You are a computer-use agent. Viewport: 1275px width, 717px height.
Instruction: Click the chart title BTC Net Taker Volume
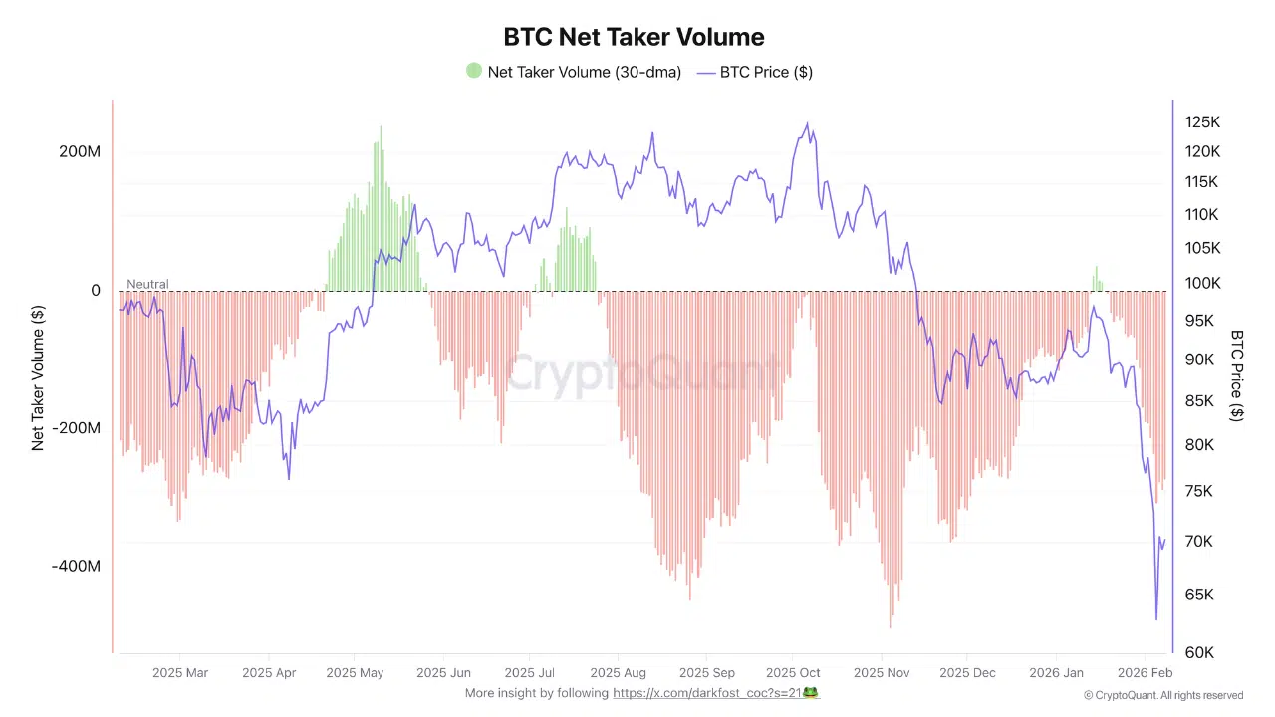tap(634, 37)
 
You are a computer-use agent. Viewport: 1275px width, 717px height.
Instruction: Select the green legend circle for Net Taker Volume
tap(474, 71)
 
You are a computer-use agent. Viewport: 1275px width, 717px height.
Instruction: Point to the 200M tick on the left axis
tap(80, 152)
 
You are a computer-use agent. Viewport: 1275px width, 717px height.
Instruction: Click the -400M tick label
tap(77, 566)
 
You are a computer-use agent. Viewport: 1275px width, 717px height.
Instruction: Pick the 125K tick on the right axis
tap(1202, 121)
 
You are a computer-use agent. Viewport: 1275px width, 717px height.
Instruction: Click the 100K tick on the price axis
tap(1202, 283)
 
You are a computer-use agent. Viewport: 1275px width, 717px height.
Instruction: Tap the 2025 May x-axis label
tap(355, 673)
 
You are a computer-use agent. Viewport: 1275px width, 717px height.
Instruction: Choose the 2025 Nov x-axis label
tap(883, 673)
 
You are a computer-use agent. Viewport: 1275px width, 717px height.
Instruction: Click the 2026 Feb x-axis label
tap(1146, 673)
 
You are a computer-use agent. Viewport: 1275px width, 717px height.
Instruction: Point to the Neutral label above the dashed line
tap(147, 284)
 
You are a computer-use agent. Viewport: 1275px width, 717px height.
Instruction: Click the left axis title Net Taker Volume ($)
tap(39, 377)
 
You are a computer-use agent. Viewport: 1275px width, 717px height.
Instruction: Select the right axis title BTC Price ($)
tap(1237, 375)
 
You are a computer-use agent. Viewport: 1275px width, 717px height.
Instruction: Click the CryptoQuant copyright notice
tap(1163, 695)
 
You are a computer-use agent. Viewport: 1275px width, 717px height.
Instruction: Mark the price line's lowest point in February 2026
tap(1156, 619)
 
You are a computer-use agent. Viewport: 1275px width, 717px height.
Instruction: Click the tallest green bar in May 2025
tap(381, 127)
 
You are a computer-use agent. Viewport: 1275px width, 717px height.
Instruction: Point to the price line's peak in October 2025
tap(807, 124)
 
